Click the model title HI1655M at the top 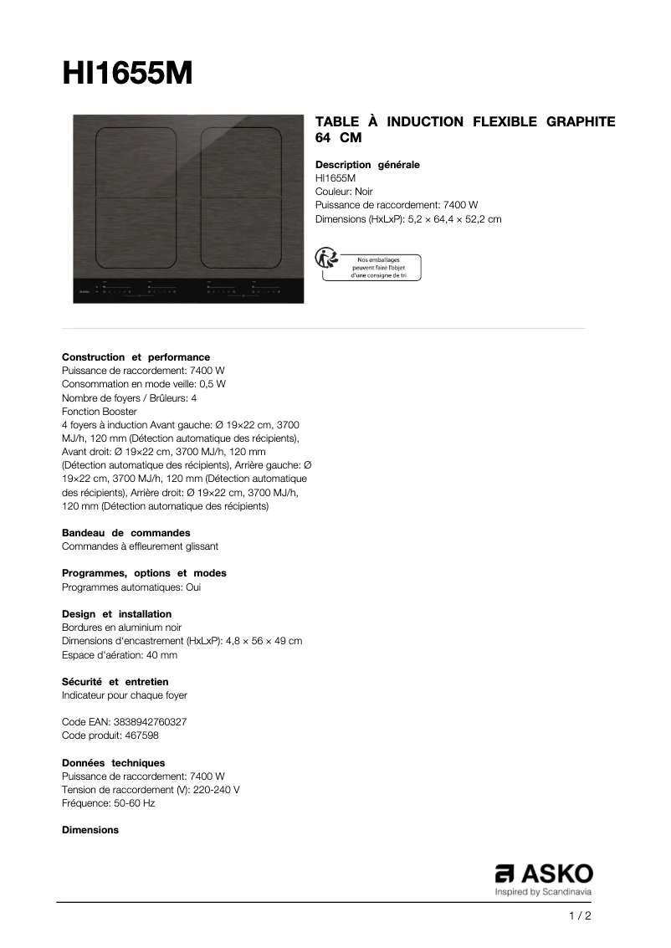(x=127, y=74)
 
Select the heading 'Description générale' (x=367, y=165)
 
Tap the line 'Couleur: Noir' (x=344, y=192)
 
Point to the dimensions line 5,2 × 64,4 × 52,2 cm (x=454, y=219)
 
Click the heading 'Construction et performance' (x=136, y=357)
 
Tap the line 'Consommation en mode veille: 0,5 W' (x=144, y=384)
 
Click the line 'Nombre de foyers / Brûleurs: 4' (x=129, y=398)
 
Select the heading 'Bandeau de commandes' (x=125, y=533)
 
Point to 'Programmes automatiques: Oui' (x=131, y=587)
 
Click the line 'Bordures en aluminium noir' (x=121, y=628)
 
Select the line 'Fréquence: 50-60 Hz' (x=108, y=803)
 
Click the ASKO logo (x=544, y=874)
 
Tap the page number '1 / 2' (x=580, y=916)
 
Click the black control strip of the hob (x=188, y=290)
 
